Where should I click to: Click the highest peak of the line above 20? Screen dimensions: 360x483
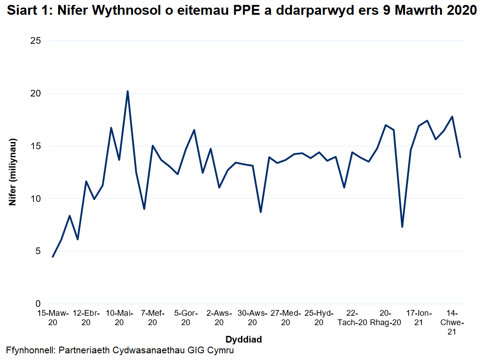coord(128,91)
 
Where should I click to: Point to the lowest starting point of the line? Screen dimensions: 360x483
coord(53,257)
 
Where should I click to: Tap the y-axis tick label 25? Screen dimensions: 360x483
coord(36,41)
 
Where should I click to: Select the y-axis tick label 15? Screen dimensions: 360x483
coord(36,146)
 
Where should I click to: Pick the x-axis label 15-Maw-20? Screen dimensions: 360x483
coord(53,317)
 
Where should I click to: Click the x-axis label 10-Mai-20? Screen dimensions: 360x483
coord(119,317)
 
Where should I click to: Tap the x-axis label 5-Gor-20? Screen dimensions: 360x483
coord(186,317)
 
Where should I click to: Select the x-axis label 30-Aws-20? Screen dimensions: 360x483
coord(252,317)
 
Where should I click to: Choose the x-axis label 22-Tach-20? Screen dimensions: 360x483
coord(352,317)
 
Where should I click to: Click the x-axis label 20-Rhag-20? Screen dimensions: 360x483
coord(386,317)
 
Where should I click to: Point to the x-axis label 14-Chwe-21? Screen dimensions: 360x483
coord(452,322)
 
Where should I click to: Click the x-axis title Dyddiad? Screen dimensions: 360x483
coord(243,339)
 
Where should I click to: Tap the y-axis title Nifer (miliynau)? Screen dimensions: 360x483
coord(13,172)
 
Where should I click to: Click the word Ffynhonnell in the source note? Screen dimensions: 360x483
coord(29,351)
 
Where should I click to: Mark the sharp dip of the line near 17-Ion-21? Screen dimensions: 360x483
coord(402,227)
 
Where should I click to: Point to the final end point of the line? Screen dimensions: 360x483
coord(460,157)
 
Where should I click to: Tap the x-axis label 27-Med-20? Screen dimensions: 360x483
coord(286,317)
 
